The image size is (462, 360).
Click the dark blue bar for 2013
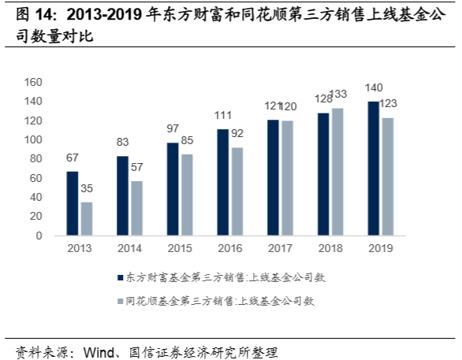73,203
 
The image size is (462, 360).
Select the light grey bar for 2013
86,219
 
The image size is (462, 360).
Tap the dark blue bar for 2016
223,182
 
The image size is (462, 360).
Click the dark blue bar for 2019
374,169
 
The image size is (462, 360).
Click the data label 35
87,190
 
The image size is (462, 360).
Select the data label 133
337,95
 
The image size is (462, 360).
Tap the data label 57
137,169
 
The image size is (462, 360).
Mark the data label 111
223,117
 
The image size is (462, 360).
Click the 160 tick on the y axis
32,82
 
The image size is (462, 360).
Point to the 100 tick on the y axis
32,139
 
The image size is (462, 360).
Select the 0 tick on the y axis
38,236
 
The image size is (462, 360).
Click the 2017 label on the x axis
280,248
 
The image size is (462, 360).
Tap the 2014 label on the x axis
129,248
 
